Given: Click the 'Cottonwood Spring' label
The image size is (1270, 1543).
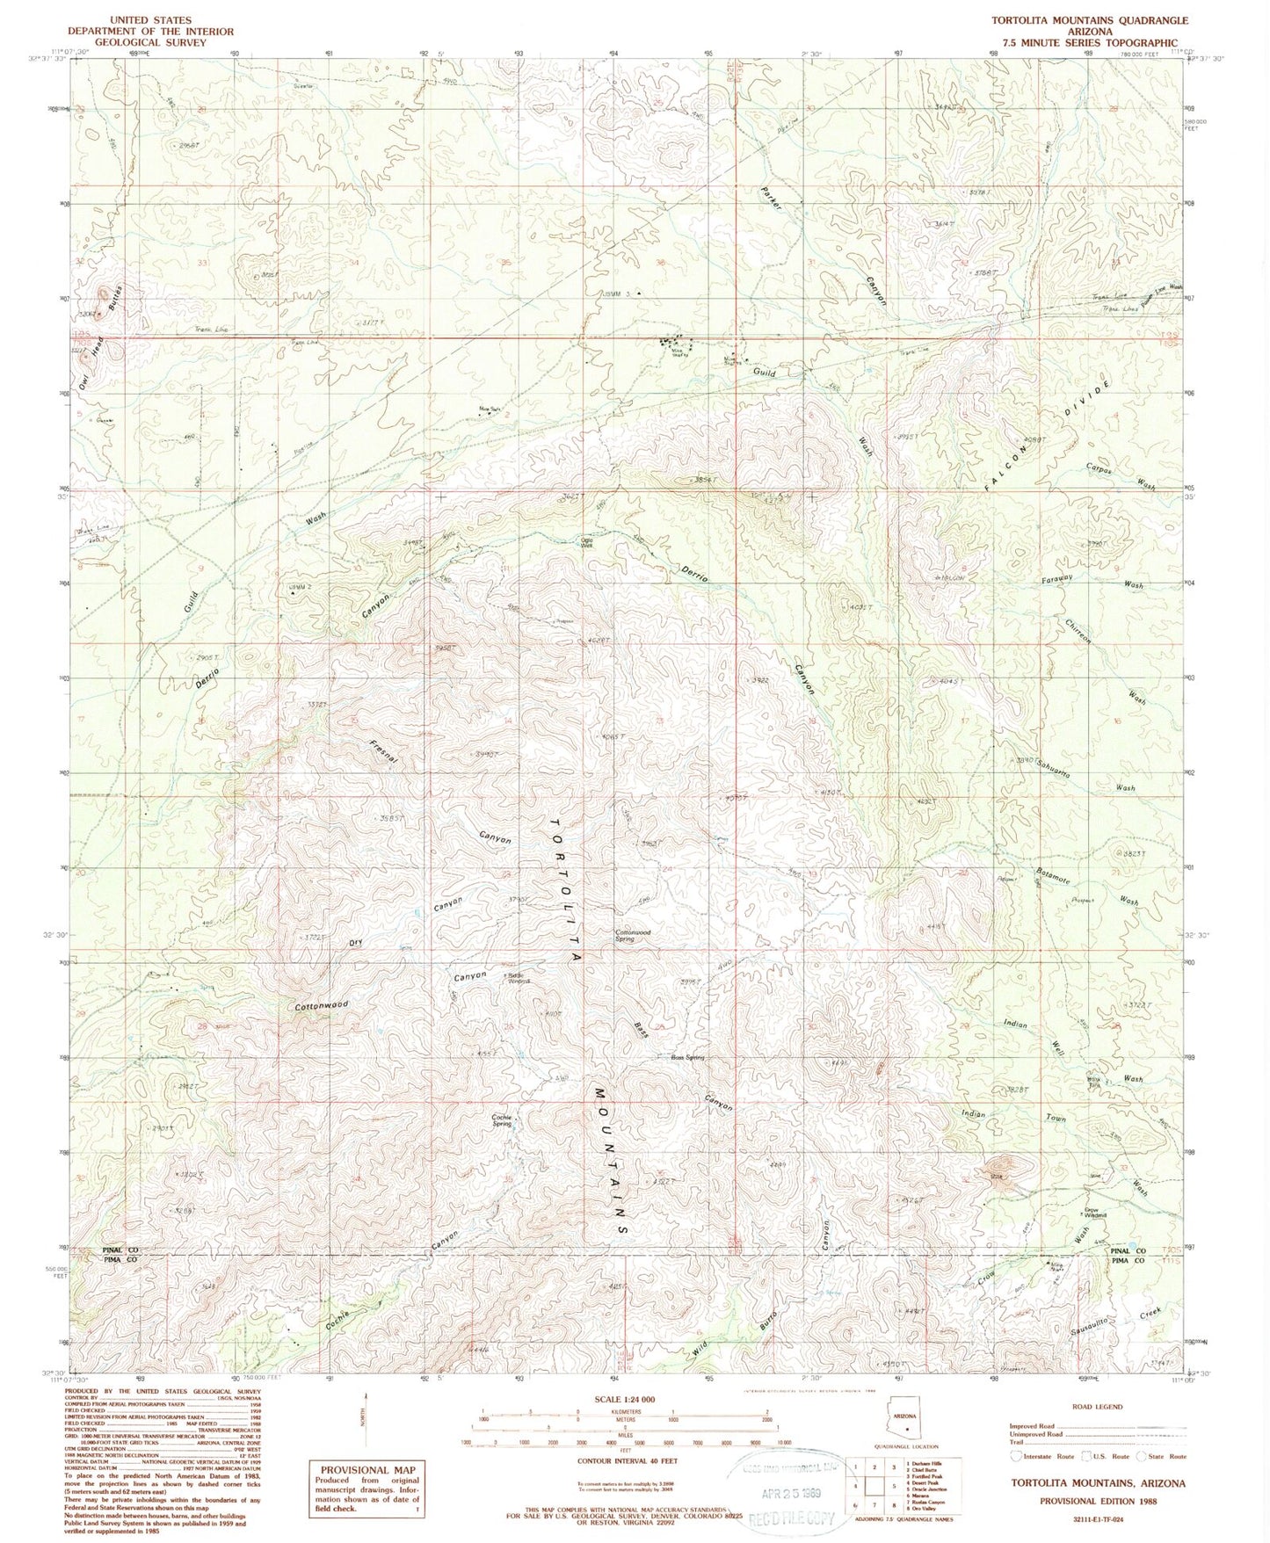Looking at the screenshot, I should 631,936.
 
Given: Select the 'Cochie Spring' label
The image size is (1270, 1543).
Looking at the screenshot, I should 502,1120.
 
